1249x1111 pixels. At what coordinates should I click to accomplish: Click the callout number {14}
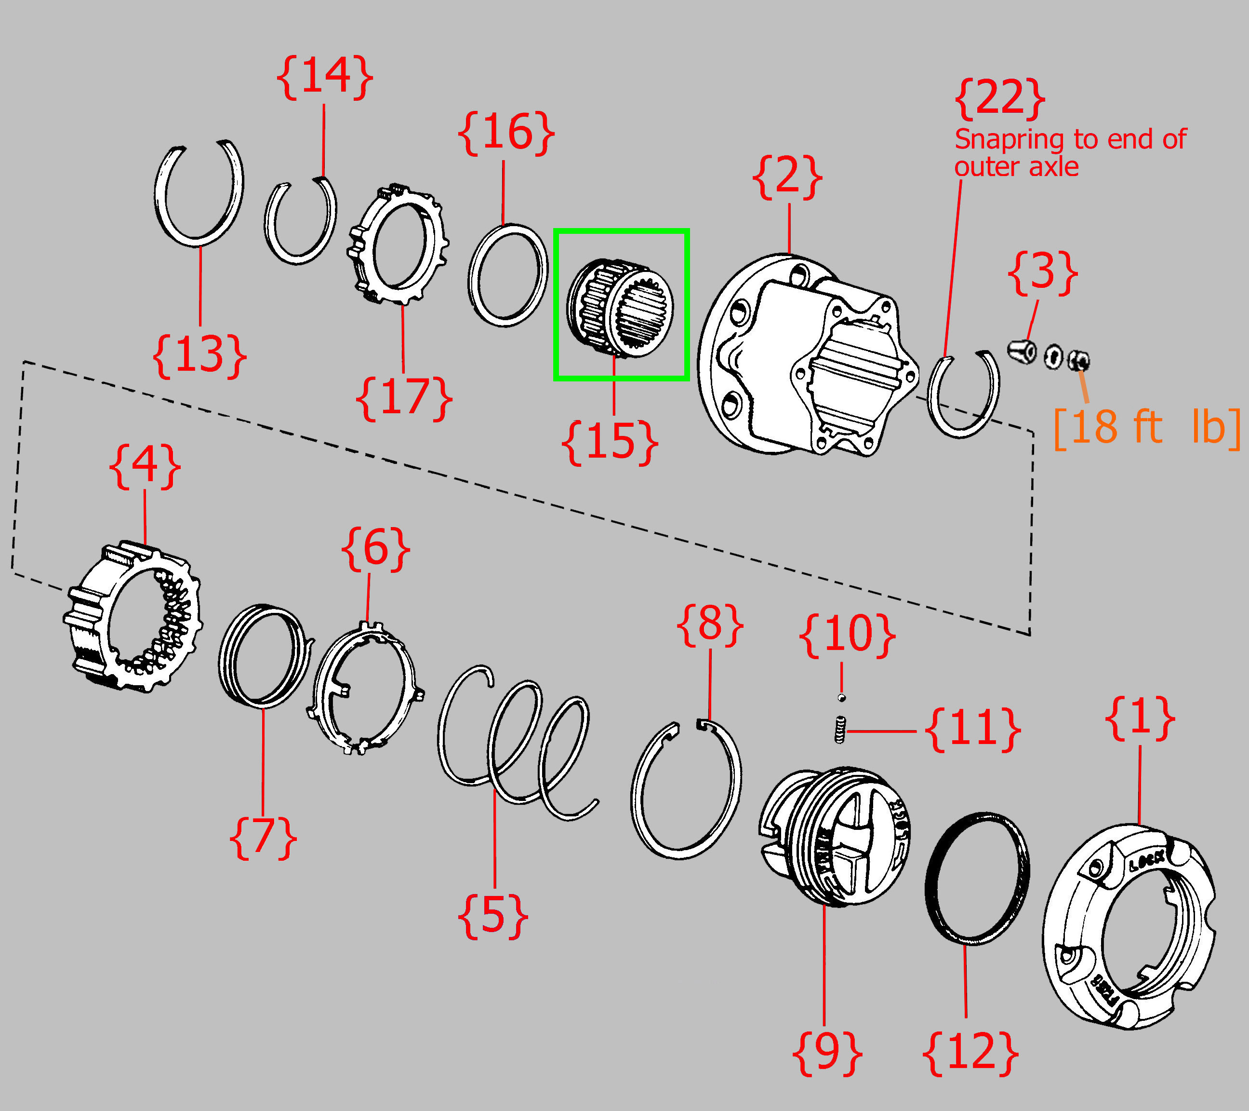[324, 77]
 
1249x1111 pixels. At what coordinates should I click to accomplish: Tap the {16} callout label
[506, 133]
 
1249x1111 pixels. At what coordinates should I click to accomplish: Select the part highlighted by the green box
[620, 308]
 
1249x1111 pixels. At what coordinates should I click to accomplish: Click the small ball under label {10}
[841, 698]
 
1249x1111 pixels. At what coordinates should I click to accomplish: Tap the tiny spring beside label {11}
[840, 730]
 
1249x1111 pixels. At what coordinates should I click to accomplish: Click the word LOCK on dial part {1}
[1147, 862]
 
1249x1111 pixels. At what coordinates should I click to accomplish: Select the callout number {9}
[827, 1053]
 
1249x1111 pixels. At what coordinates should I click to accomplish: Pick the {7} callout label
[263, 838]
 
